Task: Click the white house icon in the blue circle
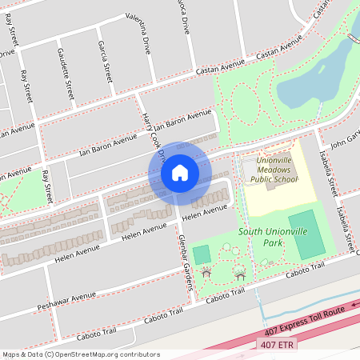pyautogui.click(x=180, y=172)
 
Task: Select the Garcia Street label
pyautogui.click(x=104, y=62)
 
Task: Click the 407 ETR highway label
pyautogui.click(x=277, y=344)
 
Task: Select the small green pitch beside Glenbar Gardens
pyautogui.click(x=202, y=254)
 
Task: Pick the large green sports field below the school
pyautogui.click(x=308, y=234)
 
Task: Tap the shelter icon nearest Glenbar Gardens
pyautogui.click(x=206, y=273)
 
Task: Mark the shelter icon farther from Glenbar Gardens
pyautogui.click(x=240, y=274)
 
